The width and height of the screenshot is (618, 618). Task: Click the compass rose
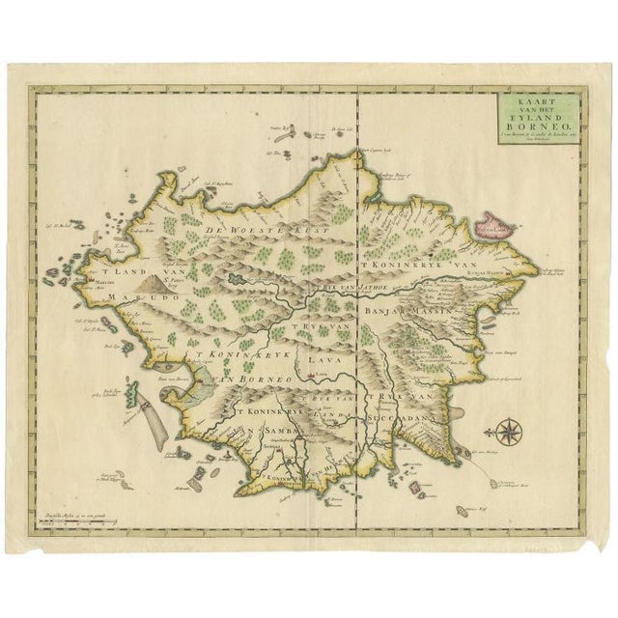pyautogui.click(x=508, y=428)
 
